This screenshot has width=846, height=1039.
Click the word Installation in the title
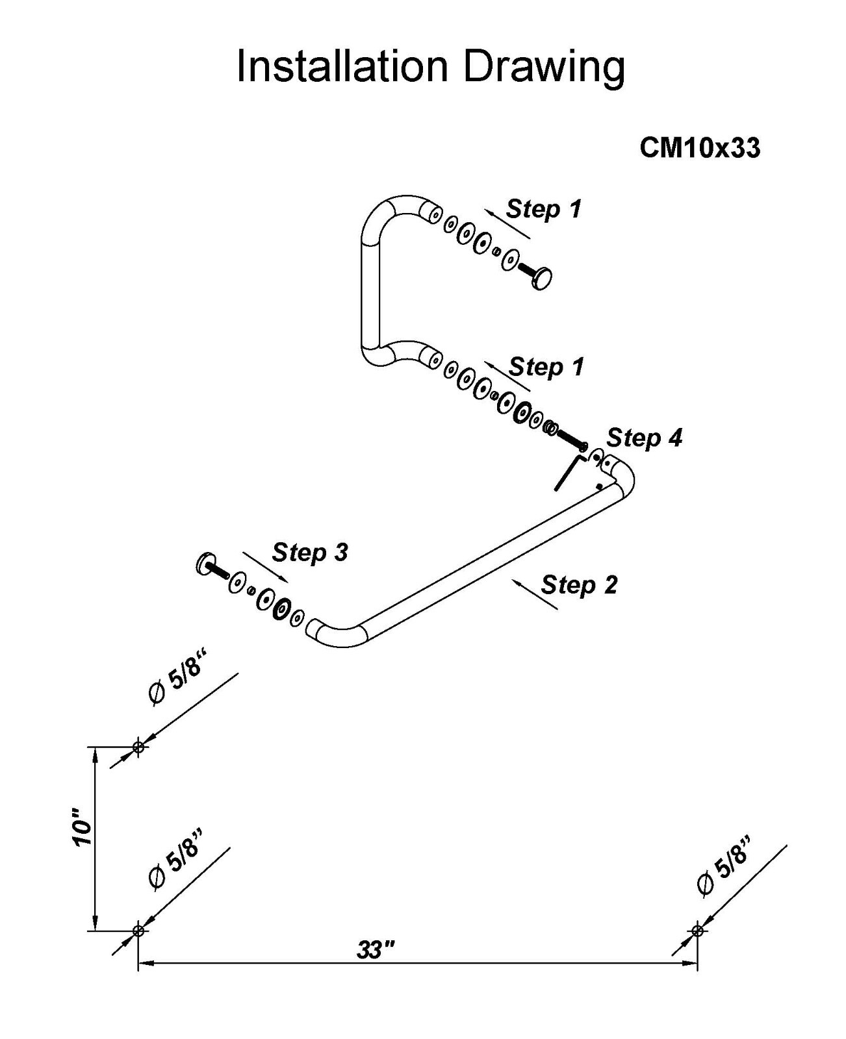(342, 66)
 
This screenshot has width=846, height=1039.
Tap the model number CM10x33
(700, 148)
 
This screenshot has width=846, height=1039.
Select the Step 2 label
(579, 584)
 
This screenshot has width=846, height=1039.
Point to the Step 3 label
(310, 553)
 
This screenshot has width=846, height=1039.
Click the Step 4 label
(645, 438)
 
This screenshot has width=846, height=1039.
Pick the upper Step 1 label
(544, 209)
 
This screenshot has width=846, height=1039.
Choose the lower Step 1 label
(546, 367)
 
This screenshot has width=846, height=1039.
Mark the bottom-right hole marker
(698, 931)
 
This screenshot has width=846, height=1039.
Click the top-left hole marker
(138, 747)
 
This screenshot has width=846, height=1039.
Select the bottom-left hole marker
(138, 931)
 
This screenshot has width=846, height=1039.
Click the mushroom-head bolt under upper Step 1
(541, 279)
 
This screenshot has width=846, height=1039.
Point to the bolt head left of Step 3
(204, 563)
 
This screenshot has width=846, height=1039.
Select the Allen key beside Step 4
(566, 473)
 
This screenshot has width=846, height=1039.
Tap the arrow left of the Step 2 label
(534, 594)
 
